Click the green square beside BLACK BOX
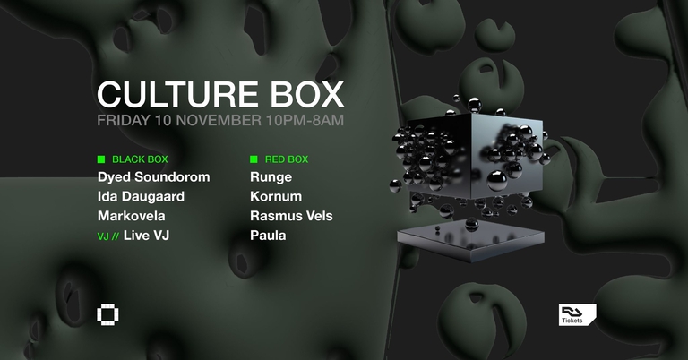[101, 159]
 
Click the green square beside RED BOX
[254, 159]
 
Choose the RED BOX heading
[287, 159]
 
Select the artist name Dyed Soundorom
[153, 177]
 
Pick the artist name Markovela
[132, 216]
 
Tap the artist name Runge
[271, 177]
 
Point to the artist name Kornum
[276, 196]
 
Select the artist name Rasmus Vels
[292, 216]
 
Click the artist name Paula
[269, 236]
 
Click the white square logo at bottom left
[107, 314]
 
